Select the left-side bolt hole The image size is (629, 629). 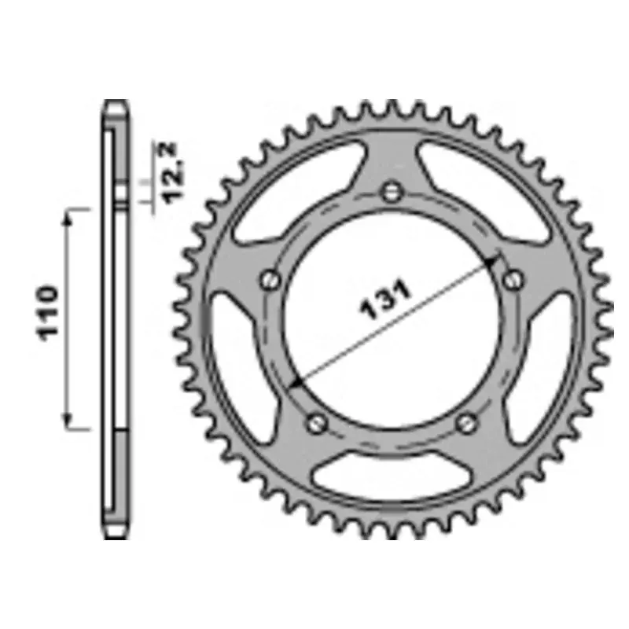pos(270,278)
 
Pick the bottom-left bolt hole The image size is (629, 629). pos(318,422)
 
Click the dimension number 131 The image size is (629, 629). pos(386,301)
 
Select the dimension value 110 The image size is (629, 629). pos(49,312)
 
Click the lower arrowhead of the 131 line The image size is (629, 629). pos(294,382)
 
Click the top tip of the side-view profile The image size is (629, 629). pos(116,102)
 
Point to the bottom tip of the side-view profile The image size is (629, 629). pos(116,536)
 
